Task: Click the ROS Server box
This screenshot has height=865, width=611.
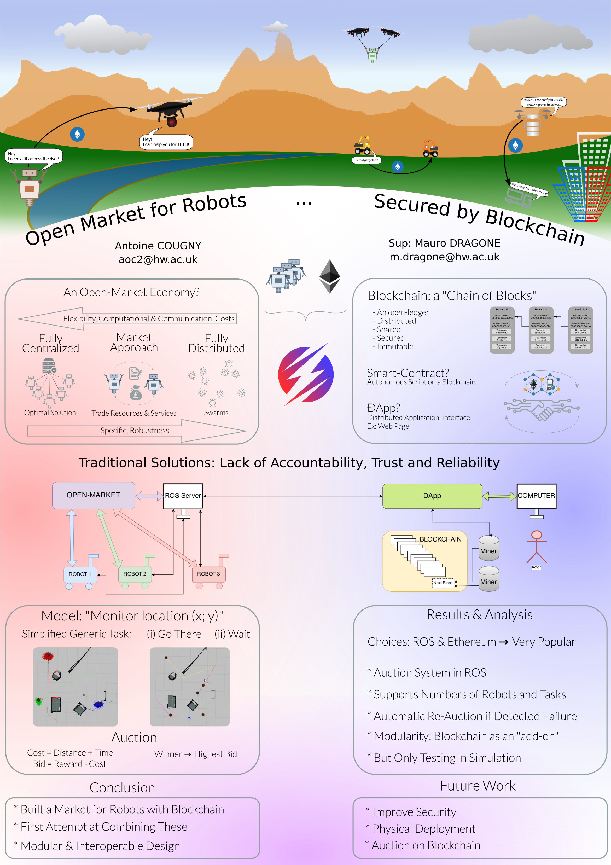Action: pyautogui.click(x=183, y=496)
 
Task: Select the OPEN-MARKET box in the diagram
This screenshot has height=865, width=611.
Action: pyautogui.click(x=94, y=495)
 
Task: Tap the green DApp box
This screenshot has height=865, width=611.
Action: pyautogui.click(x=432, y=496)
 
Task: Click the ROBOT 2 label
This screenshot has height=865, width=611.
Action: pyautogui.click(x=135, y=574)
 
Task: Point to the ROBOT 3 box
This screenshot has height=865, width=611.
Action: pyautogui.click(x=208, y=574)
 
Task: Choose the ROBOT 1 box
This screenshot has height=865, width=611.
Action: pyautogui.click(x=80, y=574)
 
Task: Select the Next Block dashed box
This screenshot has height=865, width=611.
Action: pyautogui.click(x=443, y=583)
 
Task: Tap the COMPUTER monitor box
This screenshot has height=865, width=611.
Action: pyautogui.click(x=536, y=496)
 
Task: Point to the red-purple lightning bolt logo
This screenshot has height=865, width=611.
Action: pyautogui.click(x=306, y=374)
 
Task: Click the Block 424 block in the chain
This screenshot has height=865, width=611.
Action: pyautogui.click(x=541, y=330)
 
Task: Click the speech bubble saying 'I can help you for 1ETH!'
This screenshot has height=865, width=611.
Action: pyautogui.click(x=166, y=142)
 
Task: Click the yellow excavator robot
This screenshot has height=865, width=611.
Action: pyautogui.click(x=362, y=146)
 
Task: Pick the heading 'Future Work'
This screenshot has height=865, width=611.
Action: pyautogui.click(x=478, y=786)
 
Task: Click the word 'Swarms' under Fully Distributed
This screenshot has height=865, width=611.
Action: pyautogui.click(x=216, y=413)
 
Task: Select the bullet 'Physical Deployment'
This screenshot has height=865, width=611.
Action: pyautogui.click(x=424, y=829)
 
